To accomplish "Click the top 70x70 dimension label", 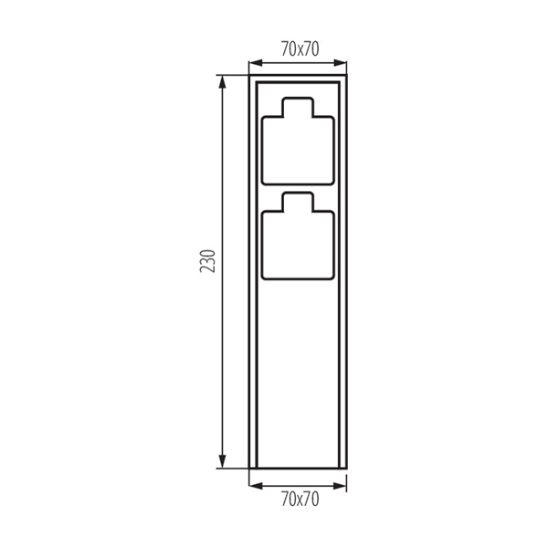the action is tap(300, 49).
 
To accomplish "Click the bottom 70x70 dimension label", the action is tap(300, 499).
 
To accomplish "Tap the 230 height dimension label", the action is tap(207, 260).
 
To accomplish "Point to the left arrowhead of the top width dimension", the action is tap(256, 63).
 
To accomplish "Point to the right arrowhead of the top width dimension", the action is tap(340, 63).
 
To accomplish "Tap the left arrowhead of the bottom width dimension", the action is tap(256, 486).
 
